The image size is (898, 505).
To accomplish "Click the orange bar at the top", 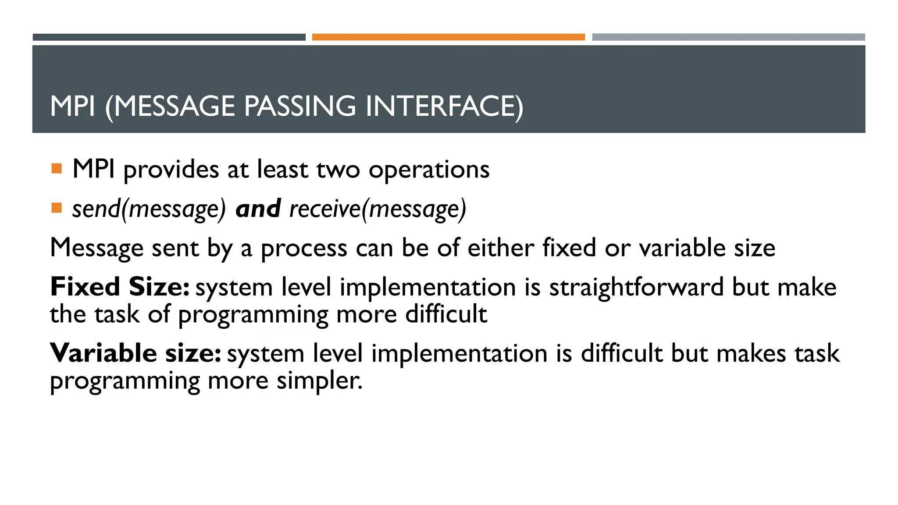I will (448, 37).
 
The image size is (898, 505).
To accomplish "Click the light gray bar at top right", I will (728, 37).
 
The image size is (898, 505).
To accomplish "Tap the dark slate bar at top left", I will (169, 37).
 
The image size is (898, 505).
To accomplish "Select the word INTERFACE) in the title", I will (444, 107).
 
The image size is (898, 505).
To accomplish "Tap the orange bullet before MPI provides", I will (57, 169).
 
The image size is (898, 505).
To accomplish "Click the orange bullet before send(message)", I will (57, 208).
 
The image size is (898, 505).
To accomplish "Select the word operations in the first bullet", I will (429, 170).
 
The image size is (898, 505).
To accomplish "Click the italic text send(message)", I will (149, 209).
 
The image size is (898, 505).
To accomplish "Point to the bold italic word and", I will (258, 209).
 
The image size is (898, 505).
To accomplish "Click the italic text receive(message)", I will (378, 209).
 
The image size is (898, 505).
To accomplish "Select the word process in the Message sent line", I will (304, 249).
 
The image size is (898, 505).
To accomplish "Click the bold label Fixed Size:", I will (120, 287).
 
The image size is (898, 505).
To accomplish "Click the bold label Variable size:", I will (135, 353).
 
